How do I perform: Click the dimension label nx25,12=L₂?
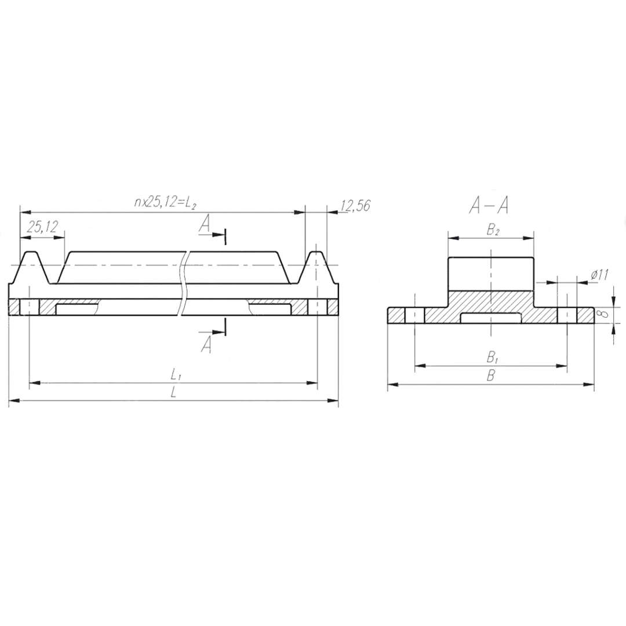pyautogui.click(x=165, y=203)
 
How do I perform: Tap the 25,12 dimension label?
pyautogui.click(x=42, y=227)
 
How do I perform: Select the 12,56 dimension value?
pyautogui.click(x=355, y=205)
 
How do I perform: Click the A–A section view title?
pyautogui.click(x=489, y=206)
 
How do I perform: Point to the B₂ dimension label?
pyautogui.click(x=492, y=230)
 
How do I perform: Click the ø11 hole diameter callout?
pyautogui.click(x=599, y=275)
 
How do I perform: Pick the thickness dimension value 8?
pyautogui.click(x=604, y=314)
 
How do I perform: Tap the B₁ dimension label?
pyautogui.click(x=492, y=357)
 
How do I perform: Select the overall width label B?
pyautogui.click(x=491, y=376)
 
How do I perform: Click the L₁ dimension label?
pyautogui.click(x=176, y=374)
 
